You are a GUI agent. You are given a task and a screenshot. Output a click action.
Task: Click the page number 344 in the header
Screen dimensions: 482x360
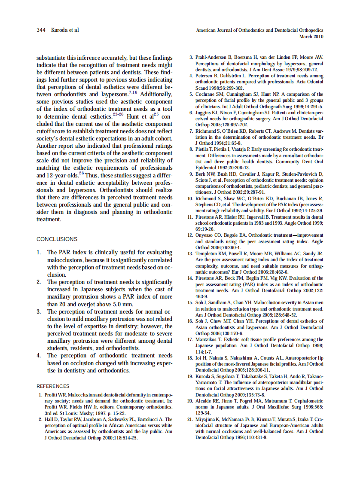pos(41,30)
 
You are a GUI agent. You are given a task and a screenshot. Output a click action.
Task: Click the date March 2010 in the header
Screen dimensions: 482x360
pos(311,37)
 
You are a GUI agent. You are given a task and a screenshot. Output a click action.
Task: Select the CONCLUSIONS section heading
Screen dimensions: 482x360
pos(57,239)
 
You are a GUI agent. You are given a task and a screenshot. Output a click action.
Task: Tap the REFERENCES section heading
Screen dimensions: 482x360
pos(53,386)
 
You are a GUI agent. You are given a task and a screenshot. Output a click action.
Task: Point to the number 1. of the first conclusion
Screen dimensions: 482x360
pos(39,253)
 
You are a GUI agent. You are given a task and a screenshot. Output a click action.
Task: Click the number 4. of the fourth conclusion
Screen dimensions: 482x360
pos(39,356)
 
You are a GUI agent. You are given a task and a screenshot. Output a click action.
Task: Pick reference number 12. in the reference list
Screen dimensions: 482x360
pos(191,235)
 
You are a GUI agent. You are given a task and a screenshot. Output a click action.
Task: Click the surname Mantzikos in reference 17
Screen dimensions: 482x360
pos(207,339)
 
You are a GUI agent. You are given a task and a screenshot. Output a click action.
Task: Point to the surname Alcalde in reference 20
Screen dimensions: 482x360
pos(204,401)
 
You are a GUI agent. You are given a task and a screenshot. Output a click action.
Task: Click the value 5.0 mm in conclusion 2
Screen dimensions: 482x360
pos(122,304)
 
